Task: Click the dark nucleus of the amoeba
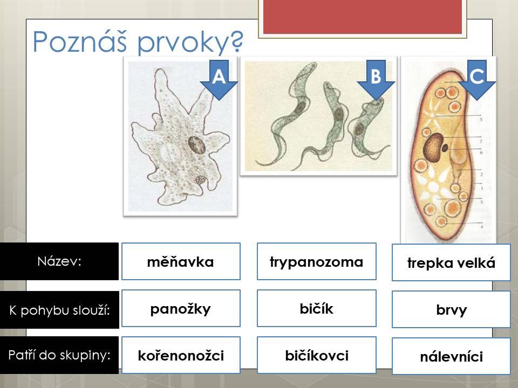point(197,145)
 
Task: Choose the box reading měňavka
point(181,261)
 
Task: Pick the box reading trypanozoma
point(317,261)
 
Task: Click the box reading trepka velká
point(451,262)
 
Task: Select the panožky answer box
point(181,308)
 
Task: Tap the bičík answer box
point(317,308)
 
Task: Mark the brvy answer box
point(451,309)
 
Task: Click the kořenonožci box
point(181,355)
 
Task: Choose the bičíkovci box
point(317,355)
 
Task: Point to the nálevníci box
point(451,356)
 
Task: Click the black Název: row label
point(59,261)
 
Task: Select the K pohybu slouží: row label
point(59,310)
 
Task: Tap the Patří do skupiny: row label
point(59,355)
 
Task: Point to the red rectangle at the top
point(363,17)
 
